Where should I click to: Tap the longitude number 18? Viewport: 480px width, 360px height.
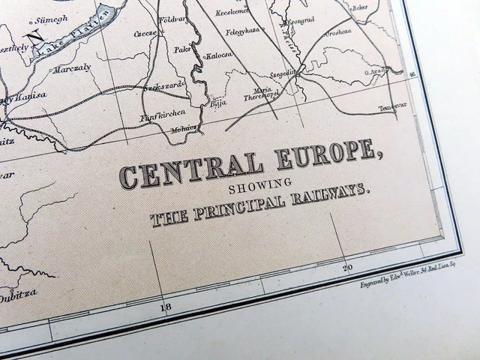pos(166,307)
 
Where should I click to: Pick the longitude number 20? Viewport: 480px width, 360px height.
pos(347,266)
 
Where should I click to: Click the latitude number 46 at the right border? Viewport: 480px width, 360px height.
pos(412,73)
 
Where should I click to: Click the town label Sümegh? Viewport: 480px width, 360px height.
pos(50,18)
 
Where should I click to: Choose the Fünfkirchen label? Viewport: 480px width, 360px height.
pos(157,117)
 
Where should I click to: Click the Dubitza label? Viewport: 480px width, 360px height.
pos(17,296)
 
